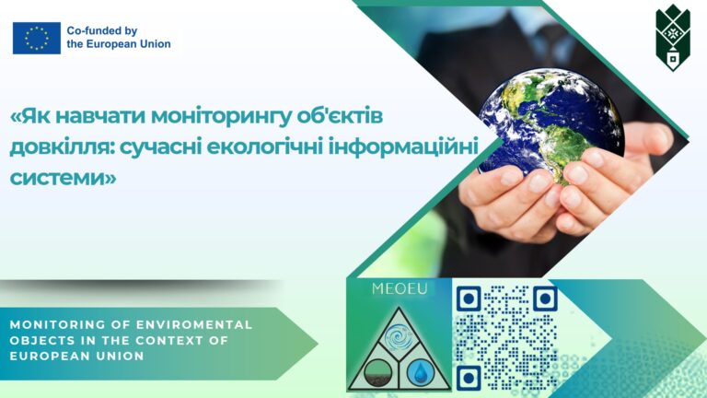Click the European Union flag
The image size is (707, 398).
(x=37, y=38)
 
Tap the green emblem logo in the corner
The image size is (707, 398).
(x=673, y=38)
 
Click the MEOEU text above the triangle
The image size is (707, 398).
(x=400, y=288)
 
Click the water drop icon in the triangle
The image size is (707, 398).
(x=420, y=373)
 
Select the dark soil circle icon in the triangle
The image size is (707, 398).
(x=377, y=373)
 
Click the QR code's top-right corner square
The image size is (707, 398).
(x=545, y=298)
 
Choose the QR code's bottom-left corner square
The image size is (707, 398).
(x=468, y=378)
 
